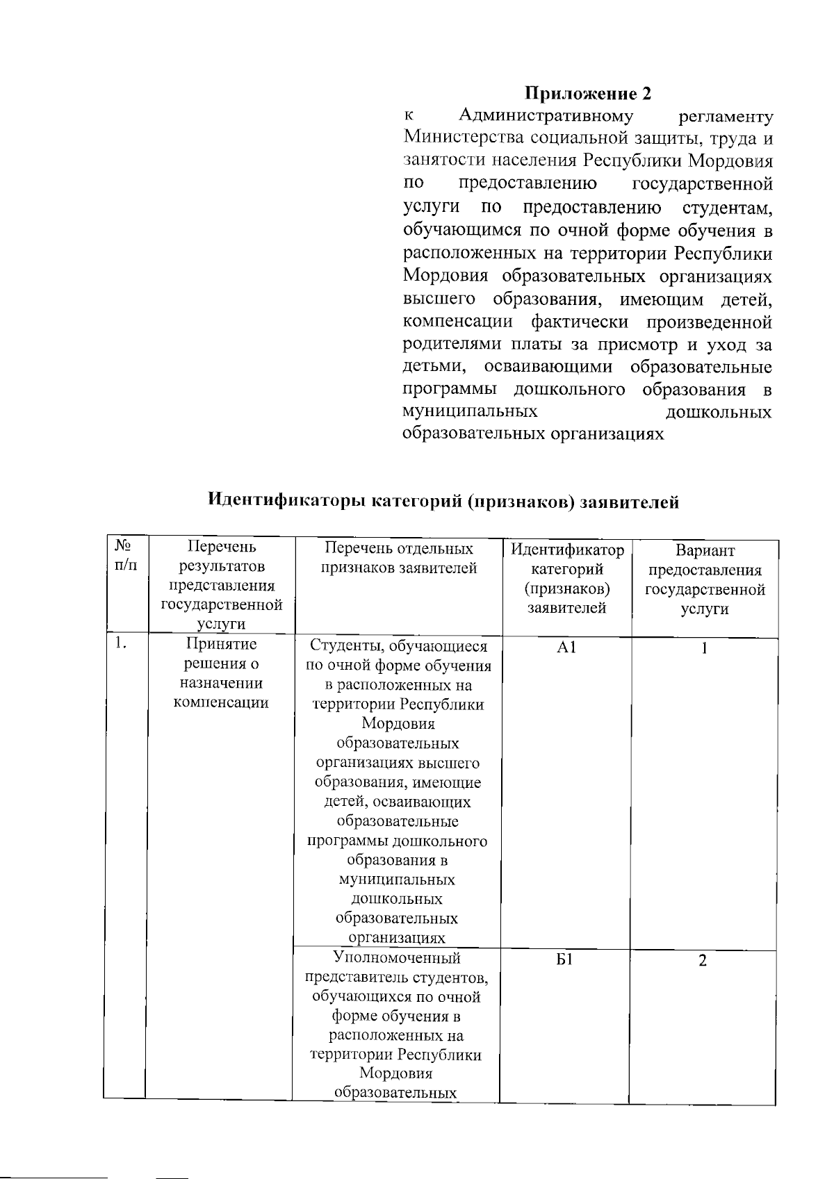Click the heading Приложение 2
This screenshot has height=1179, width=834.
pos(588,93)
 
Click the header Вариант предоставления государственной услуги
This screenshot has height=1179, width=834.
pos(705,579)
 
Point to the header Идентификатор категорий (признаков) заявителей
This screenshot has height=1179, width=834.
pos(566,579)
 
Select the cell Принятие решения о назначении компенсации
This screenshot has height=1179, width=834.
pos(221,673)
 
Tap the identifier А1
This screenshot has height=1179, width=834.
pos(566,648)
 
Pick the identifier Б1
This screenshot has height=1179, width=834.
pos(563,961)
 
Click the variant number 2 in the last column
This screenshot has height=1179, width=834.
pos(703,961)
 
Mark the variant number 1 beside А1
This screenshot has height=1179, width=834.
pos(704,648)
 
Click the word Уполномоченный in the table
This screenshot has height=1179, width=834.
pos(397,959)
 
